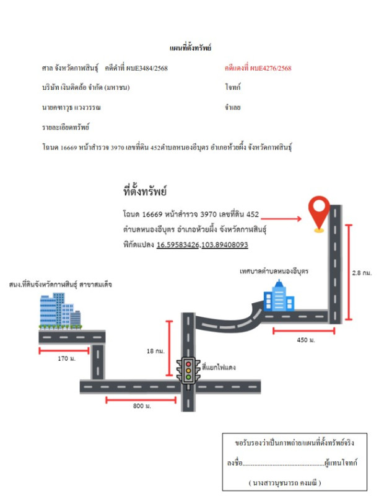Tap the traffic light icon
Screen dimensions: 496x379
pos(188,370)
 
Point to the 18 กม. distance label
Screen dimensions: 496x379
pos(155,351)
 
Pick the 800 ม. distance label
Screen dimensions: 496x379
pos(141,406)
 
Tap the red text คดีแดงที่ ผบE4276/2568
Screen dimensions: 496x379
pos(258,68)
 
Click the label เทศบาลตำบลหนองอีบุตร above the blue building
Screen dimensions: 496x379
pos(274,272)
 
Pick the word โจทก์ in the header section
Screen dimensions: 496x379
pos(233,88)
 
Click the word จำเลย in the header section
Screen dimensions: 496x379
pos(233,107)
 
